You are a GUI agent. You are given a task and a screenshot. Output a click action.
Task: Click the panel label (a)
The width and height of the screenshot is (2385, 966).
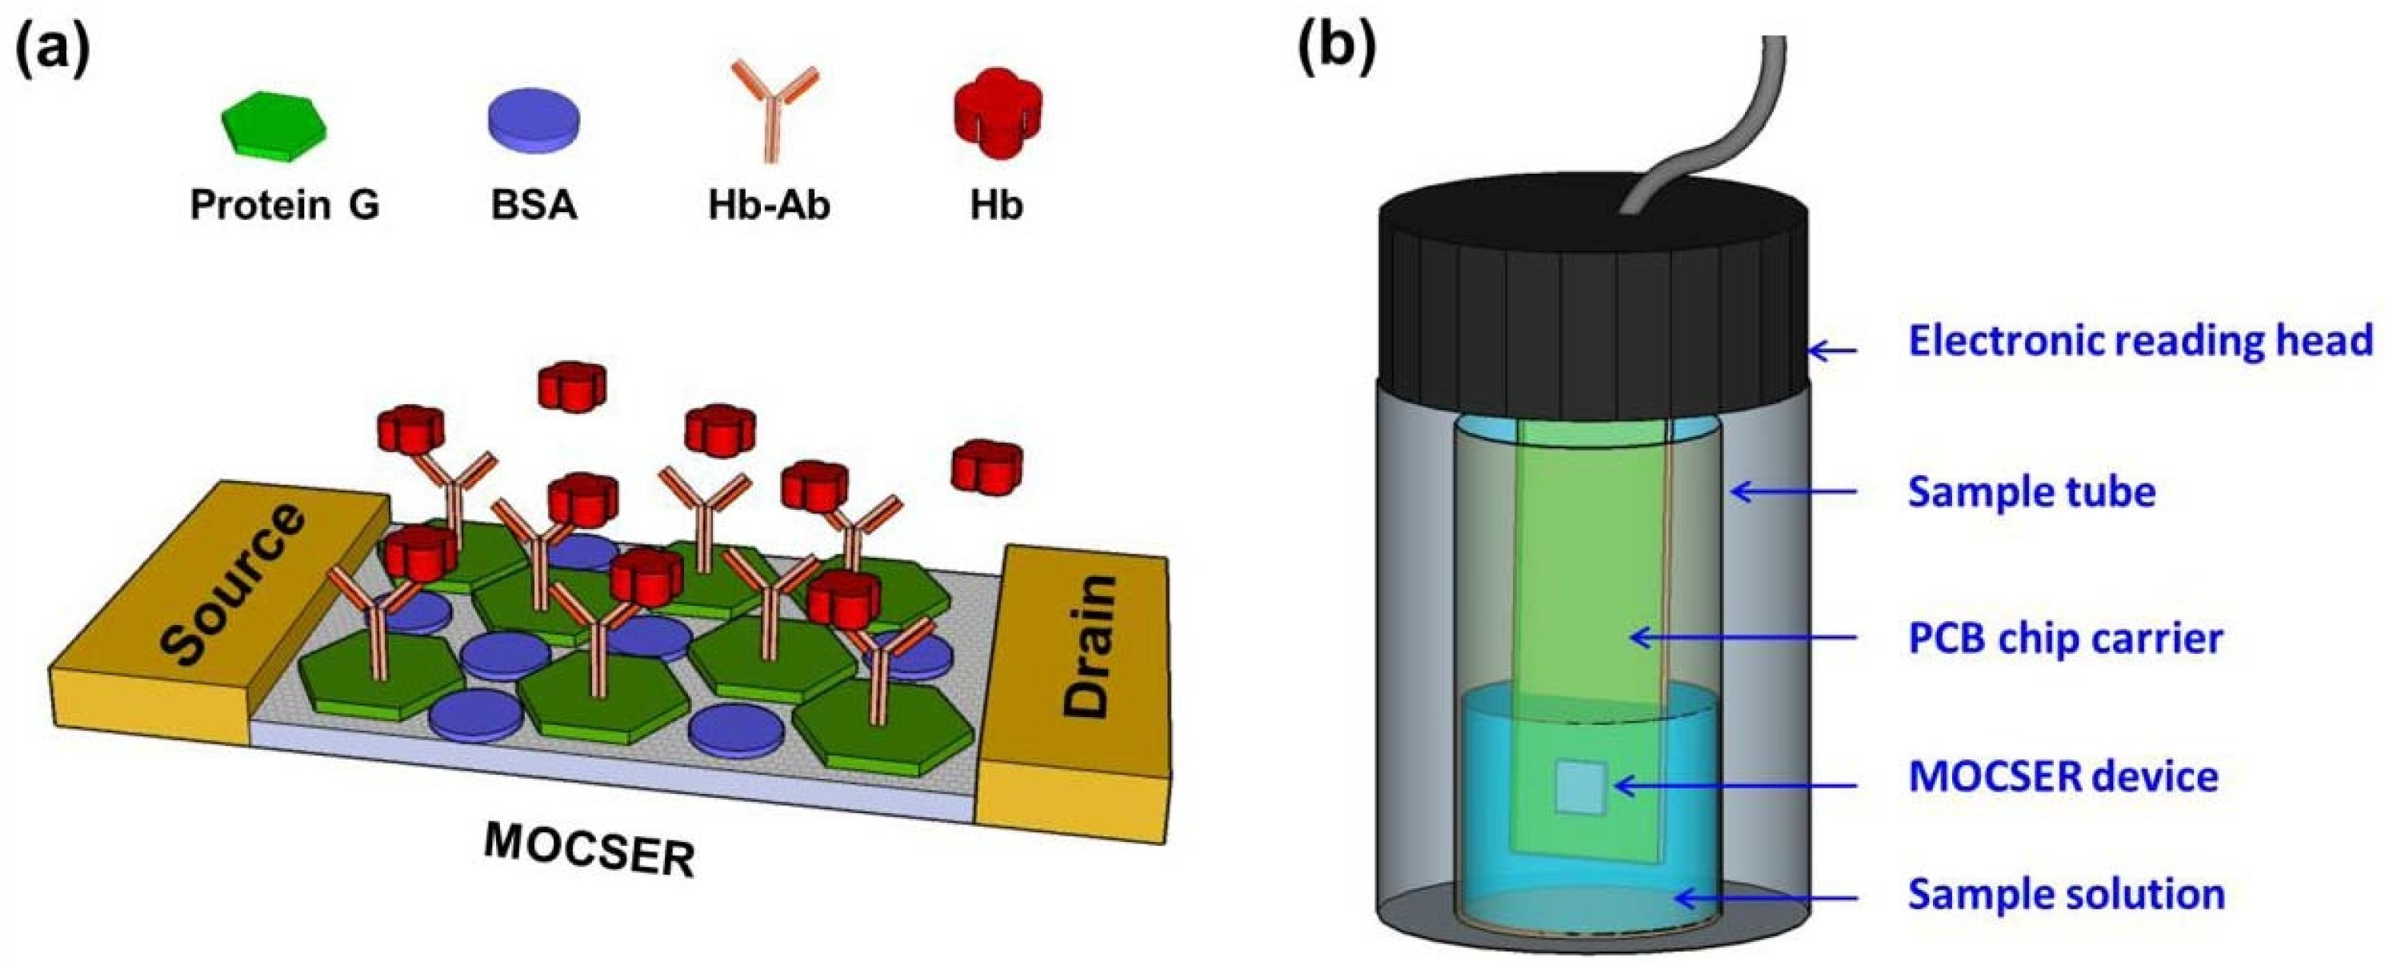(53, 48)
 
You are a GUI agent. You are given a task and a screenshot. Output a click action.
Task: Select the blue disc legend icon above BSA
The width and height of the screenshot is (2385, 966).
(534, 118)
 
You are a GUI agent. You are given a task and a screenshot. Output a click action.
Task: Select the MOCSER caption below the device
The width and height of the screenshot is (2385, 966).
(590, 848)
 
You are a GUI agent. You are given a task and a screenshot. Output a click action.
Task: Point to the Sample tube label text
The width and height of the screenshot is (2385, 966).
(2031, 491)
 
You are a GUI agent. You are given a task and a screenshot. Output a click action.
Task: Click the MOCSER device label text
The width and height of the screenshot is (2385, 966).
(2063, 776)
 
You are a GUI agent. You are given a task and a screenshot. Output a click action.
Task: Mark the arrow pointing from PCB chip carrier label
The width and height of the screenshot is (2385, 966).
(1741, 637)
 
